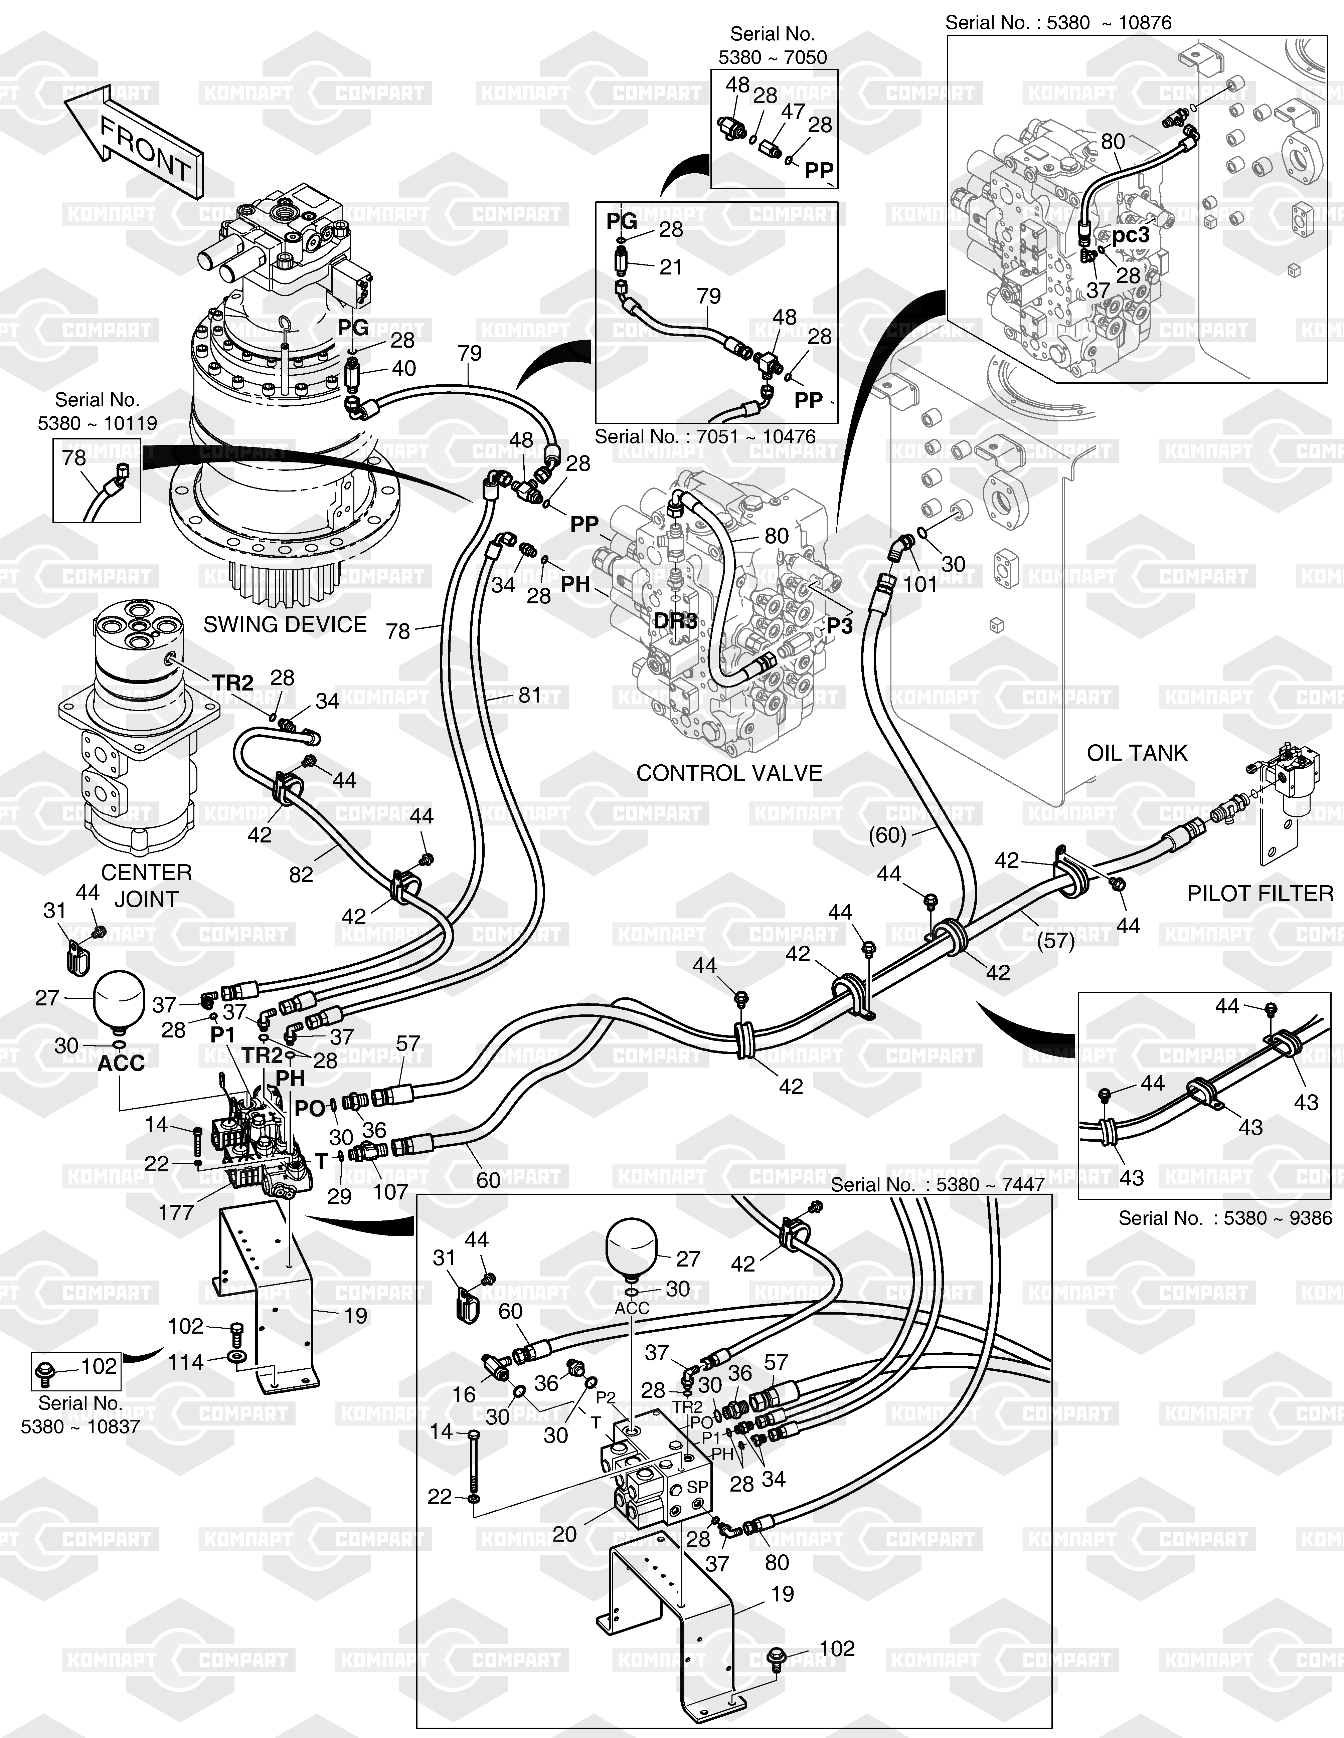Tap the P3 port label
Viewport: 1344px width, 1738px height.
pos(839,626)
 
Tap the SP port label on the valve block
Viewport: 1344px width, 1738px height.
pos(697,1486)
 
